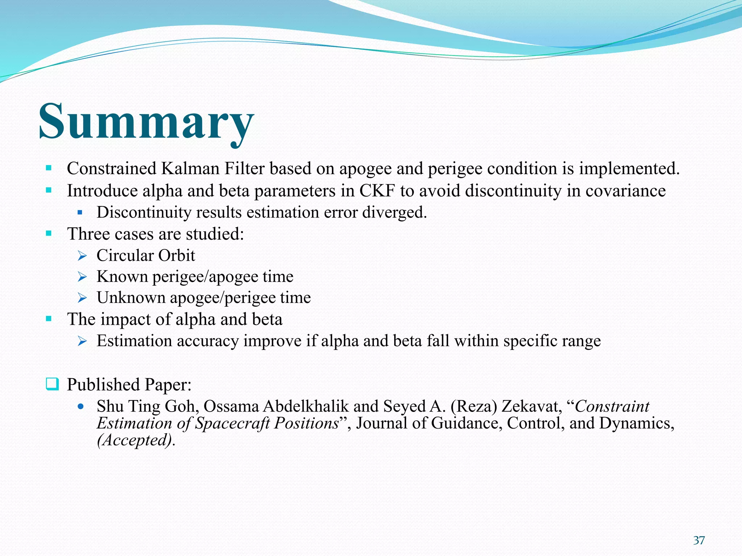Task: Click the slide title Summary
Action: pyautogui.click(x=146, y=121)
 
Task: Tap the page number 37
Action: pyautogui.click(x=699, y=540)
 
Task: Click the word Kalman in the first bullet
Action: pyautogui.click(x=190, y=169)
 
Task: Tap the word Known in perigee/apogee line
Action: pyautogui.click(x=122, y=277)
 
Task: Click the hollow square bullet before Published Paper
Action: pyautogui.click(x=52, y=384)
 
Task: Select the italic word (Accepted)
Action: pyautogui.click(x=135, y=440)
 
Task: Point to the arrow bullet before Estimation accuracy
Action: pyautogui.click(x=82, y=341)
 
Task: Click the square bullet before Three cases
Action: pyautogui.click(x=49, y=233)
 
